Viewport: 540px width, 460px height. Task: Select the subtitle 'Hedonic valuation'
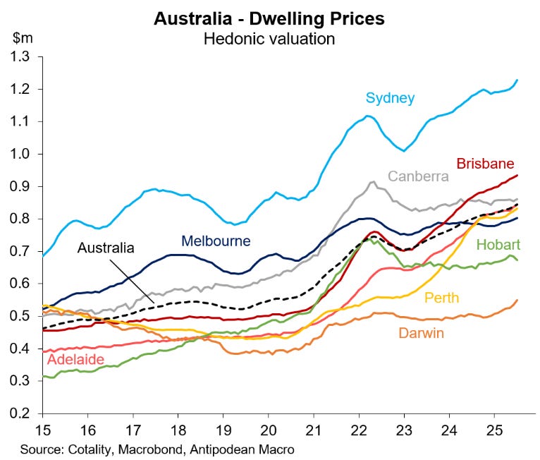pos(269,38)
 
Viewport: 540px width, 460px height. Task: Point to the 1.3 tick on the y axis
pos(25,56)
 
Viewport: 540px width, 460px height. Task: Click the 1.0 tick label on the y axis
pos(25,154)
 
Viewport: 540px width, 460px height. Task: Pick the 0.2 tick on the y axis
pos(25,413)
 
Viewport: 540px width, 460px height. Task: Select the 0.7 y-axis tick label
pos(25,251)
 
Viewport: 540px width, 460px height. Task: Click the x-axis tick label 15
pos(43,430)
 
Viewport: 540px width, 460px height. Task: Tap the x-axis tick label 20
pos(268,430)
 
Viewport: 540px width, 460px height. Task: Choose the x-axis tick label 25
pos(493,430)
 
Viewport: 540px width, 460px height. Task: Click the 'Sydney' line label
pos(389,98)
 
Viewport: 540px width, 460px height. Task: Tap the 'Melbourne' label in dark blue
pos(216,241)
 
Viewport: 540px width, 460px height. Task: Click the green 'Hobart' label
pos(498,246)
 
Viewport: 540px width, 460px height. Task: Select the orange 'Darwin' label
pos(421,333)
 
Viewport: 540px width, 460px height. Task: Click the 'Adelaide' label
pos(75,361)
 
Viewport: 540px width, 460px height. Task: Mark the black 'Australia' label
pos(106,248)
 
